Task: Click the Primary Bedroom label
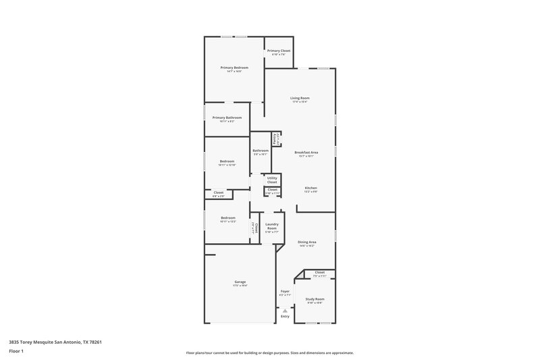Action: point(234,68)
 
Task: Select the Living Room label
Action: point(300,98)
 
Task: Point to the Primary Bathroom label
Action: point(227,118)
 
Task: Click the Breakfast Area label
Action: point(306,153)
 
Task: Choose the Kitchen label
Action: point(310,188)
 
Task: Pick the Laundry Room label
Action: point(272,226)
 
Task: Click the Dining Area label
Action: point(308,241)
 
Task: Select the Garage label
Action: point(240,282)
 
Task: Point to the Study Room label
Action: point(315,299)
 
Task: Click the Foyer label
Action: point(285,291)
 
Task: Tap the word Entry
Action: point(285,316)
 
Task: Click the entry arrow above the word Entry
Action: point(285,310)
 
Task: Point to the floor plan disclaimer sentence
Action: point(269,353)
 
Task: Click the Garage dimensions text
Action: point(240,286)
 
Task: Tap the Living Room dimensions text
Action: point(300,102)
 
